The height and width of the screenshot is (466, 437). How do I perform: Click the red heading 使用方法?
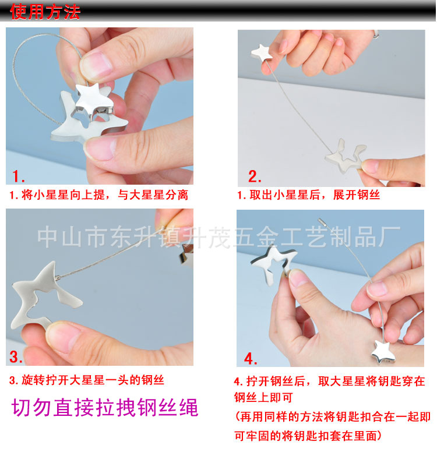(x=45, y=12)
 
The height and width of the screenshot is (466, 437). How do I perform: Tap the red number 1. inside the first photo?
(x=19, y=176)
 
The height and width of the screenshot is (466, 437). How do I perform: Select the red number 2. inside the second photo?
(x=255, y=176)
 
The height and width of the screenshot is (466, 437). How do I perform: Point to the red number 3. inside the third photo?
(x=16, y=356)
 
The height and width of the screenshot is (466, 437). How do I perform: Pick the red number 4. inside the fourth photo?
(x=251, y=358)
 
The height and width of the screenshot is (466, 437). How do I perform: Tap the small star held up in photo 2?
(x=262, y=52)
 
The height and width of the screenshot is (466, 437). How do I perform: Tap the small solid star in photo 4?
(x=383, y=352)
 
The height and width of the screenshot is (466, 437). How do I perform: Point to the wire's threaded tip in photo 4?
(x=322, y=222)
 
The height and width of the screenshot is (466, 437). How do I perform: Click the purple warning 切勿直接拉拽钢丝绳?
(x=105, y=407)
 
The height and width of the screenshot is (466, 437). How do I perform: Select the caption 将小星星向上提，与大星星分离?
(x=105, y=195)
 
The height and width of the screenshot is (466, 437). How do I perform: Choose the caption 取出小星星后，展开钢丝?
(x=315, y=195)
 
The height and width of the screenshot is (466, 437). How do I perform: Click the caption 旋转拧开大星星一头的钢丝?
(x=93, y=380)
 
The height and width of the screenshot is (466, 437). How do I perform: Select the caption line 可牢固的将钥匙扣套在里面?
(x=308, y=436)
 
